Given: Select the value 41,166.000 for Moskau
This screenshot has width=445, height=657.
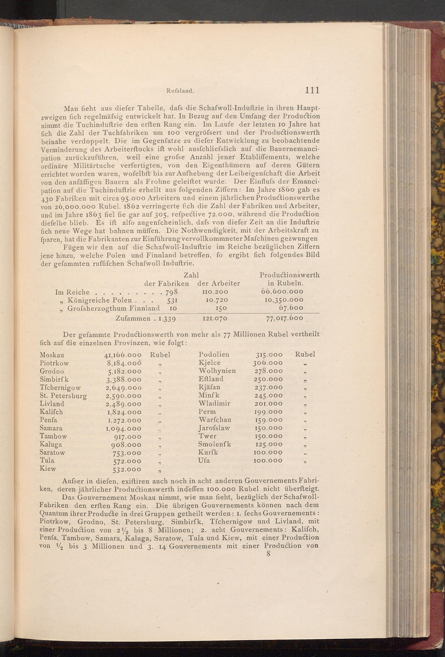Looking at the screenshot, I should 123,355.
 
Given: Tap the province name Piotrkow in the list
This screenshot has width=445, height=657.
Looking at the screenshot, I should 54,363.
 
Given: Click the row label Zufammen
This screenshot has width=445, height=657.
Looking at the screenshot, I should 133,318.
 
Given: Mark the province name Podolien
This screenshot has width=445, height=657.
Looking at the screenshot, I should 214,355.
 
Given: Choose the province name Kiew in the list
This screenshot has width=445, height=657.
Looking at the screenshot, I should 48,468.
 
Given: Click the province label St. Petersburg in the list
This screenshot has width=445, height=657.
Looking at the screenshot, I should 63,395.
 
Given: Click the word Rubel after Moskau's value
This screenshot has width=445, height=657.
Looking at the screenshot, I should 160,355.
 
